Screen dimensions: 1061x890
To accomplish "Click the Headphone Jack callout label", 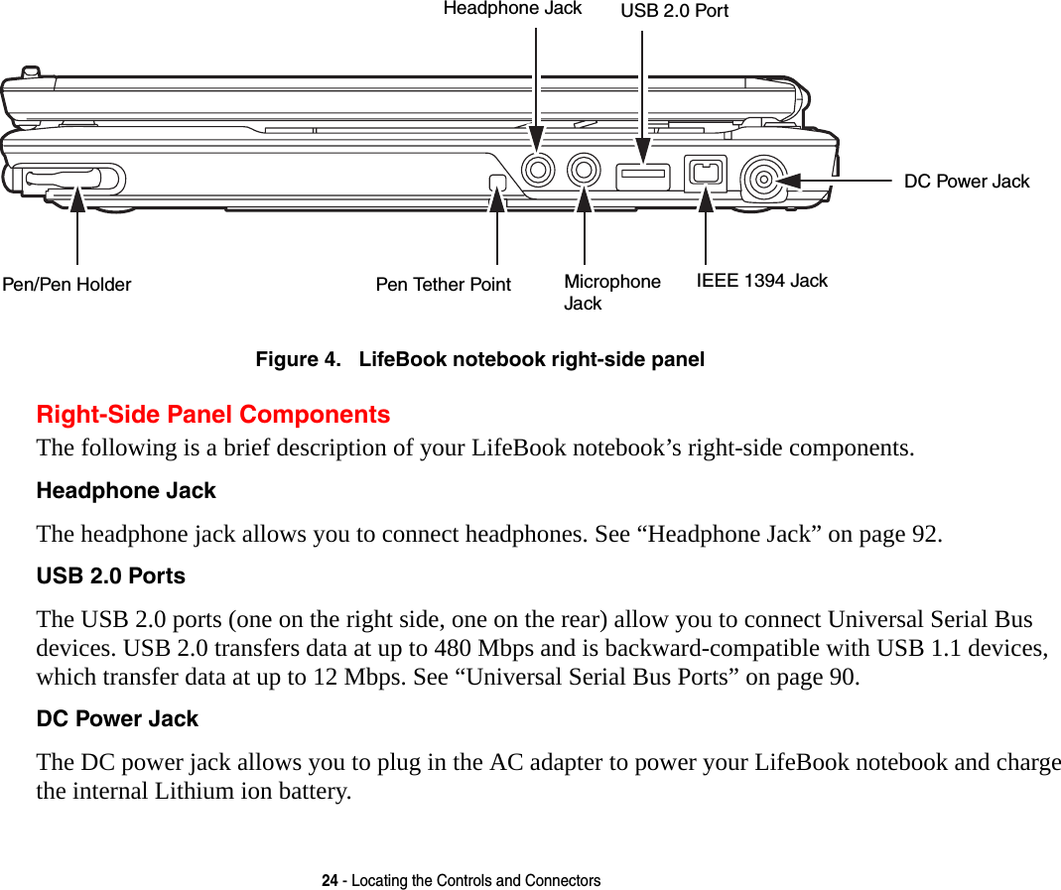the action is (x=512, y=9).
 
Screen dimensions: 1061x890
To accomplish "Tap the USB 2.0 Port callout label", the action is (x=674, y=11).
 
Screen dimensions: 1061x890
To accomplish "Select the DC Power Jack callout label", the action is (x=967, y=182).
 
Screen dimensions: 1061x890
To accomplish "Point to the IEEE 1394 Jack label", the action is (x=761, y=281).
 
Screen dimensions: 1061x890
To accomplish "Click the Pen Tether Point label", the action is (x=443, y=285).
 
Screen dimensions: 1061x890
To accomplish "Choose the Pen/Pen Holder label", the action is (x=66, y=285).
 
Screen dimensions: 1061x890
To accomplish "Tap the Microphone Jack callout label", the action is (x=611, y=292).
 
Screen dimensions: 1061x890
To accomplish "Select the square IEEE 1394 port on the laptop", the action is (x=705, y=174).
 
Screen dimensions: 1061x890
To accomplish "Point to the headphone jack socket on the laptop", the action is (x=538, y=170).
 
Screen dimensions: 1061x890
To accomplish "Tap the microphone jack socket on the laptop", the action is (x=585, y=170).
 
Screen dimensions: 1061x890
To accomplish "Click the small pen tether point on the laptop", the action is (x=497, y=183).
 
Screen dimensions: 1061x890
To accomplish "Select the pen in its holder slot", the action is (x=65, y=179).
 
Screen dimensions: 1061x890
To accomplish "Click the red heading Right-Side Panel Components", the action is (x=212, y=414).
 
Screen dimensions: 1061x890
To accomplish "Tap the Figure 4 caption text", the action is (x=479, y=359).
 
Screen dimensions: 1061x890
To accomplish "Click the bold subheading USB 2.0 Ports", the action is (x=110, y=576).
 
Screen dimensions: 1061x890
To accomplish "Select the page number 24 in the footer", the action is (x=330, y=880).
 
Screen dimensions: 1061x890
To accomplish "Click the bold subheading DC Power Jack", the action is (x=117, y=718).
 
